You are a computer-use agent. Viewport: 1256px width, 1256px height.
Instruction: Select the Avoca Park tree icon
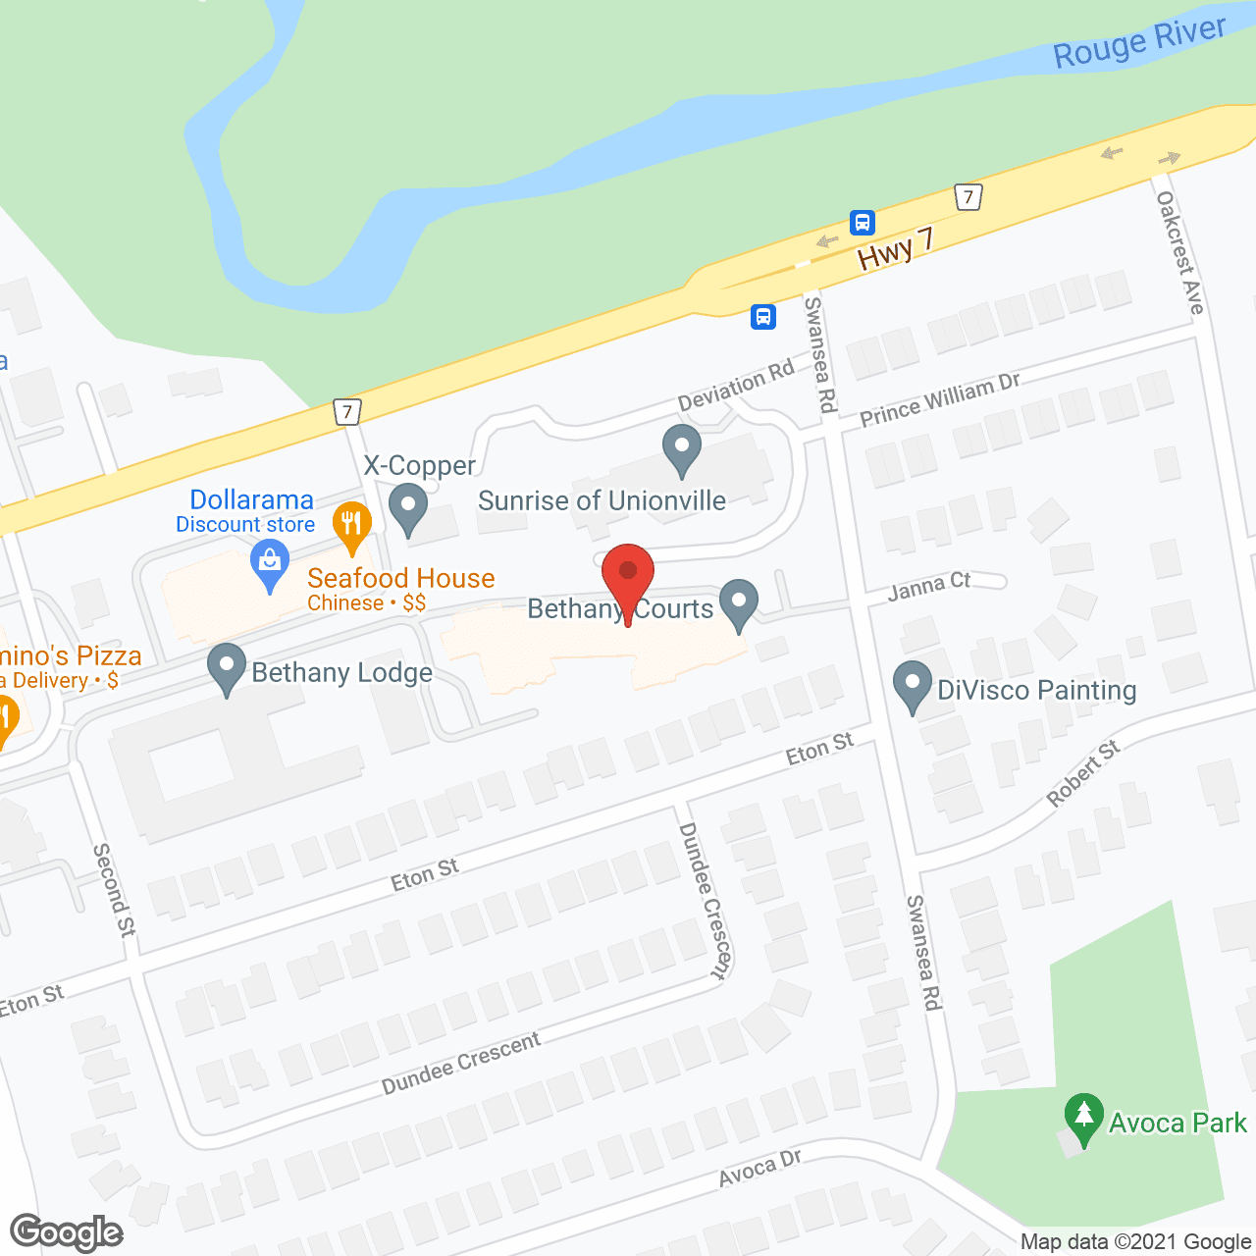click(1083, 1118)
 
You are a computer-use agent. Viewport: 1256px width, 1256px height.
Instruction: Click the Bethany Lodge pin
click(227, 667)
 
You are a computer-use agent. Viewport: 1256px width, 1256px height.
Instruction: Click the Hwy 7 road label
click(895, 249)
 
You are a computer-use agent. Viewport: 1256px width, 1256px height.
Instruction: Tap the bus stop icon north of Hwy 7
click(862, 222)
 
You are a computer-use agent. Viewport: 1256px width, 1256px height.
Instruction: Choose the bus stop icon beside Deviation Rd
click(763, 317)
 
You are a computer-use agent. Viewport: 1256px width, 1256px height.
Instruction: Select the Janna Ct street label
click(928, 587)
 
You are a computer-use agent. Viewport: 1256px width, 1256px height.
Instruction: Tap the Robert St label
click(1082, 773)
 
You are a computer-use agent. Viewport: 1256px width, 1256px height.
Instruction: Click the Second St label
click(114, 889)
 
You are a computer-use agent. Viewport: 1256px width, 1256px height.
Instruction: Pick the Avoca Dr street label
click(759, 1168)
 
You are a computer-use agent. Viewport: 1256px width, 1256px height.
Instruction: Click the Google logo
click(67, 1232)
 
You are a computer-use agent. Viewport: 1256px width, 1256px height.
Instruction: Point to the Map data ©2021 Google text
click(1135, 1242)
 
